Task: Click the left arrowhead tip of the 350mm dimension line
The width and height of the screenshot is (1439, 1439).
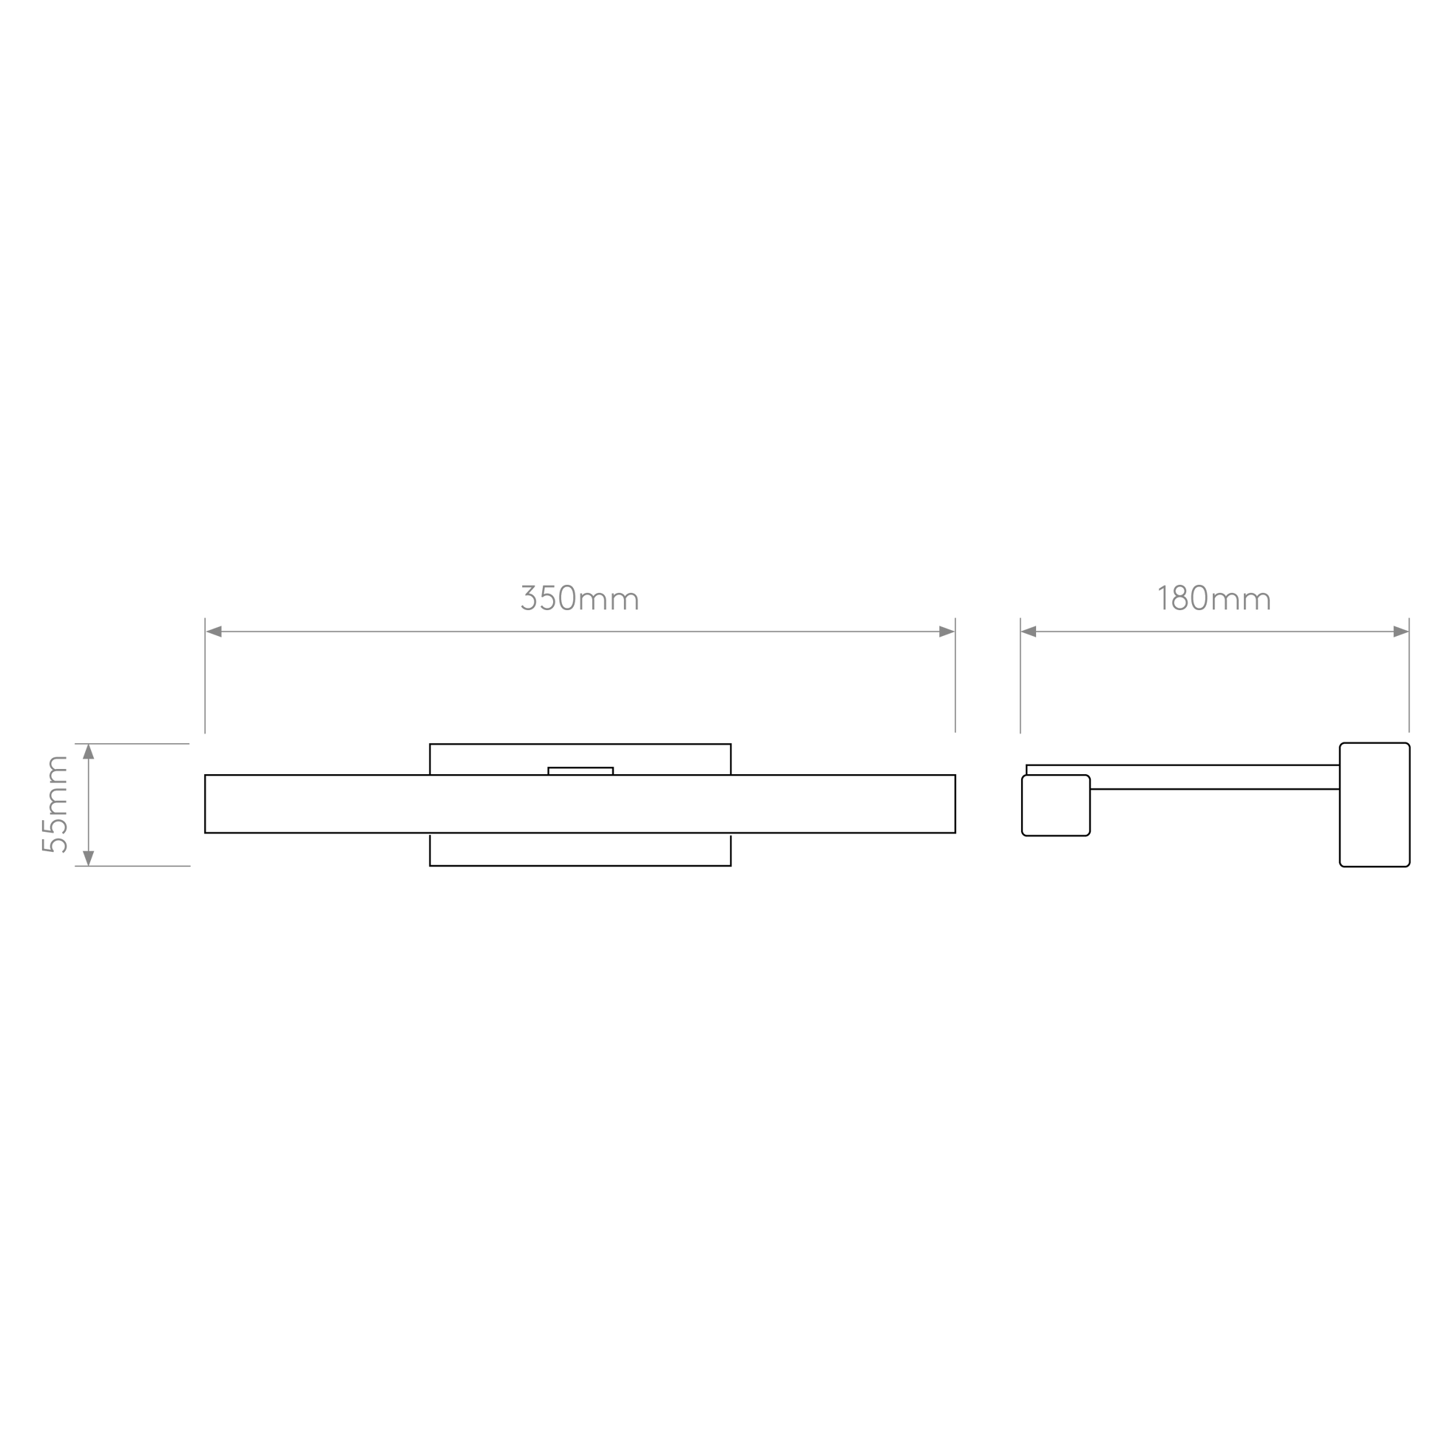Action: pyautogui.click(x=206, y=632)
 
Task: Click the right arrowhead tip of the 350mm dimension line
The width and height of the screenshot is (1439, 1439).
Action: pyautogui.click(x=954, y=632)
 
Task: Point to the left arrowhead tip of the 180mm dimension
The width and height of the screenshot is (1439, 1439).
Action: pyautogui.click(x=1021, y=632)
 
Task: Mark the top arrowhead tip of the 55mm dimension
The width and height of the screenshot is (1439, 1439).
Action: pyautogui.click(x=89, y=744)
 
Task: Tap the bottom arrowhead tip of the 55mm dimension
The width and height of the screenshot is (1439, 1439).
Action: pyautogui.click(x=89, y=865)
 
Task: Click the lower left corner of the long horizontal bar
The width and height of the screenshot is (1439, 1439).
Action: pyautogui.click(x=205, y=833)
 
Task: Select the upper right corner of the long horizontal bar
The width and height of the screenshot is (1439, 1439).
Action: pyautogui.click(x=955, y=775)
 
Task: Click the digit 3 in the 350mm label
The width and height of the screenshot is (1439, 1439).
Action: pyautogui.click(x=529, y=597)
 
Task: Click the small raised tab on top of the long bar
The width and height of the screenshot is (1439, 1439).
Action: pyautogui.click(x=580, y=771)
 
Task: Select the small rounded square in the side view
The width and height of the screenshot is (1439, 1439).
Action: pyautogui.click(x=1055, y=805)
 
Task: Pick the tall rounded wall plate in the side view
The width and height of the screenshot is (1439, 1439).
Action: pyautogui.click(x=1374, y=805)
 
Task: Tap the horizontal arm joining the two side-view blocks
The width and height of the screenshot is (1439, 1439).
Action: pyautogui.click(x=1214, y=777)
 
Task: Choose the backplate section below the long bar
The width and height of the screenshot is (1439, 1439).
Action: pyautogui.click(x=580, y=849)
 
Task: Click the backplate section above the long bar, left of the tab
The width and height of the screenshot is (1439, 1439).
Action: pyautogui.click(x=489, y=759)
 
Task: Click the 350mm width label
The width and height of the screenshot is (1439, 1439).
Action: pyautogui.click(x=580, y=597)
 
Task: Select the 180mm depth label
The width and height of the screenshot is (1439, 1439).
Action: pyautogui.click(x=1214, y=597)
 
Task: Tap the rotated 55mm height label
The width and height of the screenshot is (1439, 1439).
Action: pyautogui.click(x=55, y=805)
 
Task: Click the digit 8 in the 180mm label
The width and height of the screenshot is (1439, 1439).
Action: pyautogui.click(x=1179, y=597)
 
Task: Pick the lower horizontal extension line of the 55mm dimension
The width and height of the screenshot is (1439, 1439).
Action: pyautogui.click(x=132, y=865)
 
